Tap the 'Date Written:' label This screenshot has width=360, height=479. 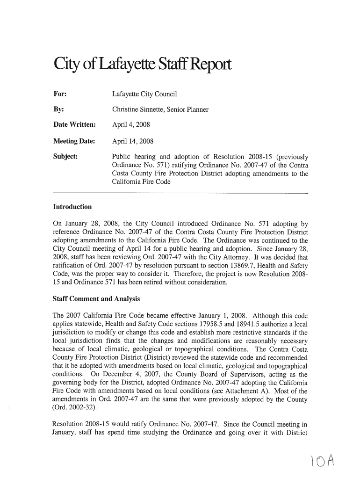point(75,125)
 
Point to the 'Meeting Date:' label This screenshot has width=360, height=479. point(75,141)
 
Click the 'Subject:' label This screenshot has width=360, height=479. point(65,157)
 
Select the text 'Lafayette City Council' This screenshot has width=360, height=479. point(145,94)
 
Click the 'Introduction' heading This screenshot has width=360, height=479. point(72,207)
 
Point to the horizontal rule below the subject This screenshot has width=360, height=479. point(181,193)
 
